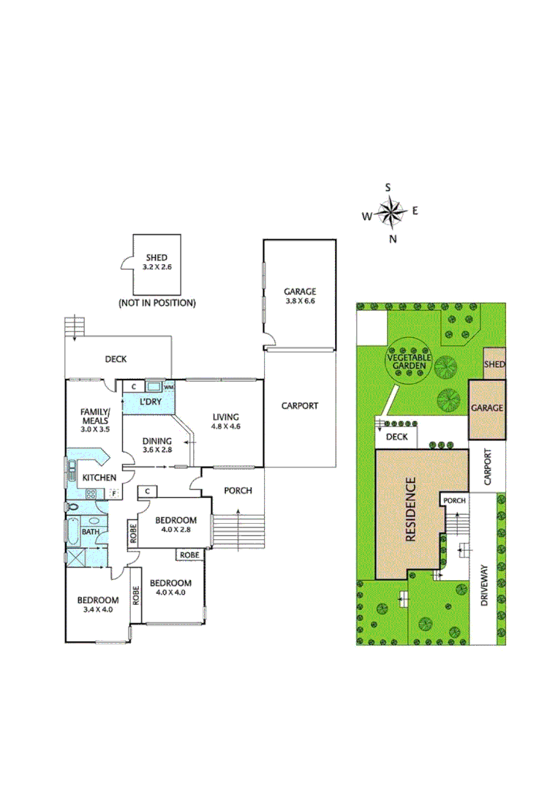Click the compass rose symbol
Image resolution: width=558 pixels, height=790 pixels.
(x=392, y=213)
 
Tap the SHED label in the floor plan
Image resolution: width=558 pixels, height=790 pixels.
(x=157, y=257)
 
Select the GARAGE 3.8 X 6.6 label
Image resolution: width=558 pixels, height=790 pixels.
(x=300, y=296)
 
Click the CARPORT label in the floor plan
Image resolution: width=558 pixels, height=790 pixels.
(x=300, y=405)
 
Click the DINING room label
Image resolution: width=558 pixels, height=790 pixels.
(x=157, y=441)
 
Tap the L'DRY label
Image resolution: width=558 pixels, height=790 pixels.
(x=151, y=402)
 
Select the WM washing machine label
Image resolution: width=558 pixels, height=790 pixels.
(x=168, y=386)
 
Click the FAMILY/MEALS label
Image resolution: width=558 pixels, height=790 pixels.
(x=95, y=416)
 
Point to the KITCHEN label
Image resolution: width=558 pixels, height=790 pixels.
(x=99, y=478)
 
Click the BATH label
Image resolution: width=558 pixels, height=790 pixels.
(x=91, y=532)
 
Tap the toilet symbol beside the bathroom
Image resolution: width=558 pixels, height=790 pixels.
(x=72, y=506)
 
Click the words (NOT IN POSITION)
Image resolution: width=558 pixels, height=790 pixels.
(x=157, y=302)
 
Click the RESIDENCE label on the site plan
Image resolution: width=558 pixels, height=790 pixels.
(x=410, y=509)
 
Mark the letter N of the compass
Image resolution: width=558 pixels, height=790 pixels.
(x=393, y=239)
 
